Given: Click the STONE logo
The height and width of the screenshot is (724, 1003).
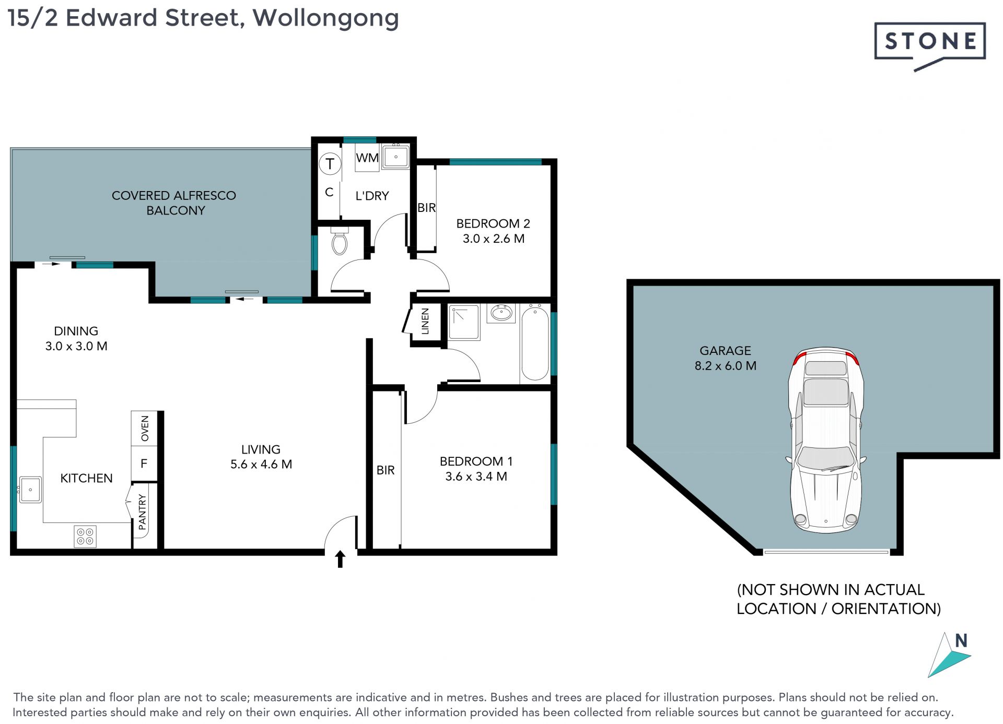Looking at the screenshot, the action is coord(930,46).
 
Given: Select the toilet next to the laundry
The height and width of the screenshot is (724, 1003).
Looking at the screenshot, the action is coord(340,241).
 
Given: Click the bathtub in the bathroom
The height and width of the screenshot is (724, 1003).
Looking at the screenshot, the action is coord(535,343).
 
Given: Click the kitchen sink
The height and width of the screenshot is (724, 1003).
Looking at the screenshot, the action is coord(30,490).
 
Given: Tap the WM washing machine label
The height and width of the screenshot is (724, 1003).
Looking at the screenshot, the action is coord(367,158).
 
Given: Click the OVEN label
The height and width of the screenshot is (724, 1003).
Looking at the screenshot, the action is coord(145,429).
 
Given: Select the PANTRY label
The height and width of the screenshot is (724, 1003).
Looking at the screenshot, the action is coord(143,512).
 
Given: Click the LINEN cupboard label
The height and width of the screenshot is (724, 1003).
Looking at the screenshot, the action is coord(425,321).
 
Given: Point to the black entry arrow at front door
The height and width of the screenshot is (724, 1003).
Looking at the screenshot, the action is coord(340,559).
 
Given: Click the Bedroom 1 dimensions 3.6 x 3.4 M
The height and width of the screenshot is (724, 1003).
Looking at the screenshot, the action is coord(476,477).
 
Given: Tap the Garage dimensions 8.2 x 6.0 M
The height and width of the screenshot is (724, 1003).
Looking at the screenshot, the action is coord(725,366).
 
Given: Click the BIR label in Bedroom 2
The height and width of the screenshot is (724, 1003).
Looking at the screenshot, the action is coord(426,208).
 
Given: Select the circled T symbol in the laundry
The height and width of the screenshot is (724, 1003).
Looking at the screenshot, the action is coord(330,164).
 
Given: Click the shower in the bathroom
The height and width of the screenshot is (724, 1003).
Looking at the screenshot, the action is coord(464,323).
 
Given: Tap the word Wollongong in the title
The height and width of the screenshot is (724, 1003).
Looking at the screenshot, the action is coord(326,19).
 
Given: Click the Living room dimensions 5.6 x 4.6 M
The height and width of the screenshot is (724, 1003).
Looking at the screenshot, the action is coord(261,464).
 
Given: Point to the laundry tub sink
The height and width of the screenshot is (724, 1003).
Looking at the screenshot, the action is coord(395,156).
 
